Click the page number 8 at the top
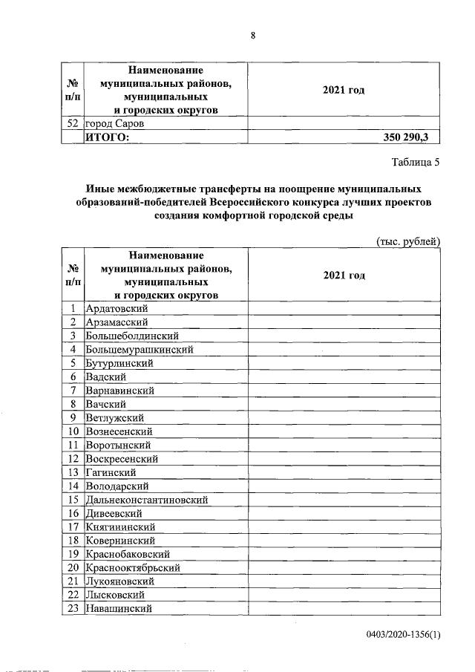coord(252,36)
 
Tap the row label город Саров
coord(114,123)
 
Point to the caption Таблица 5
coord(416,165)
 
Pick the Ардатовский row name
coord(117,308)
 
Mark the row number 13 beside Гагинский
coord(73,472)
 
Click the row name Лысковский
coord(116,596)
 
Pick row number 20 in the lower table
coord(73,568)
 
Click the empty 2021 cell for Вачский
coord(344,404)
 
